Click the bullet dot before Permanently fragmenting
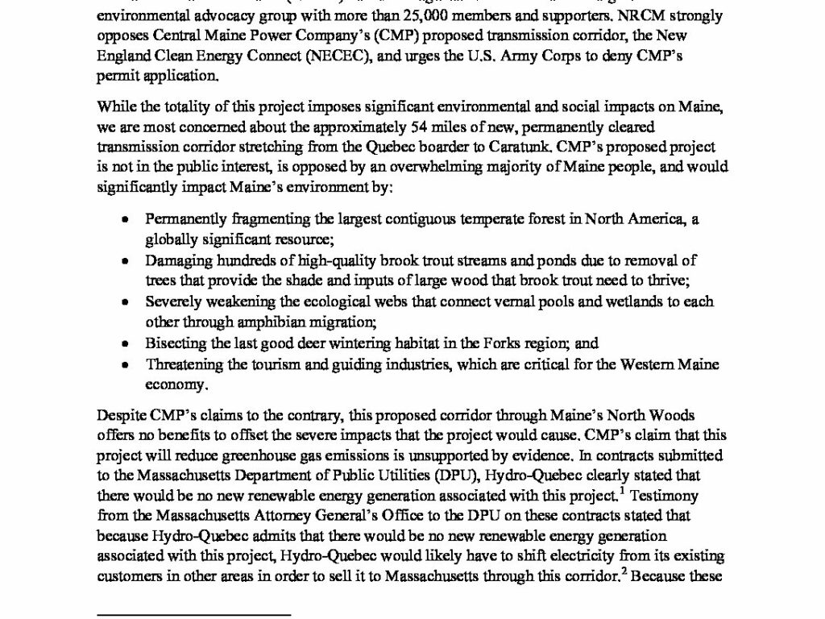coord(124,219)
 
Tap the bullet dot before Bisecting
coord(124,343)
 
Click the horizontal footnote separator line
coord(193,614)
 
